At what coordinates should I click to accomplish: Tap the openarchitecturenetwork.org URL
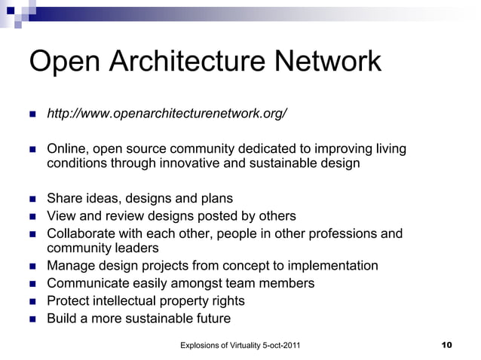click(x=167, y=114)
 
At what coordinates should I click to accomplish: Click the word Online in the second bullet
click(x=66, y=150)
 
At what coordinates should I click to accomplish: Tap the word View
click(x=62, y=216)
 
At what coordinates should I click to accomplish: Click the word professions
click(x=339, y=233)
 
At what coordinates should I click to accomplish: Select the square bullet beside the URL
click(x=32, y=115)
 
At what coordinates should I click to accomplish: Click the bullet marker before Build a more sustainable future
click(x=32, y=319)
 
